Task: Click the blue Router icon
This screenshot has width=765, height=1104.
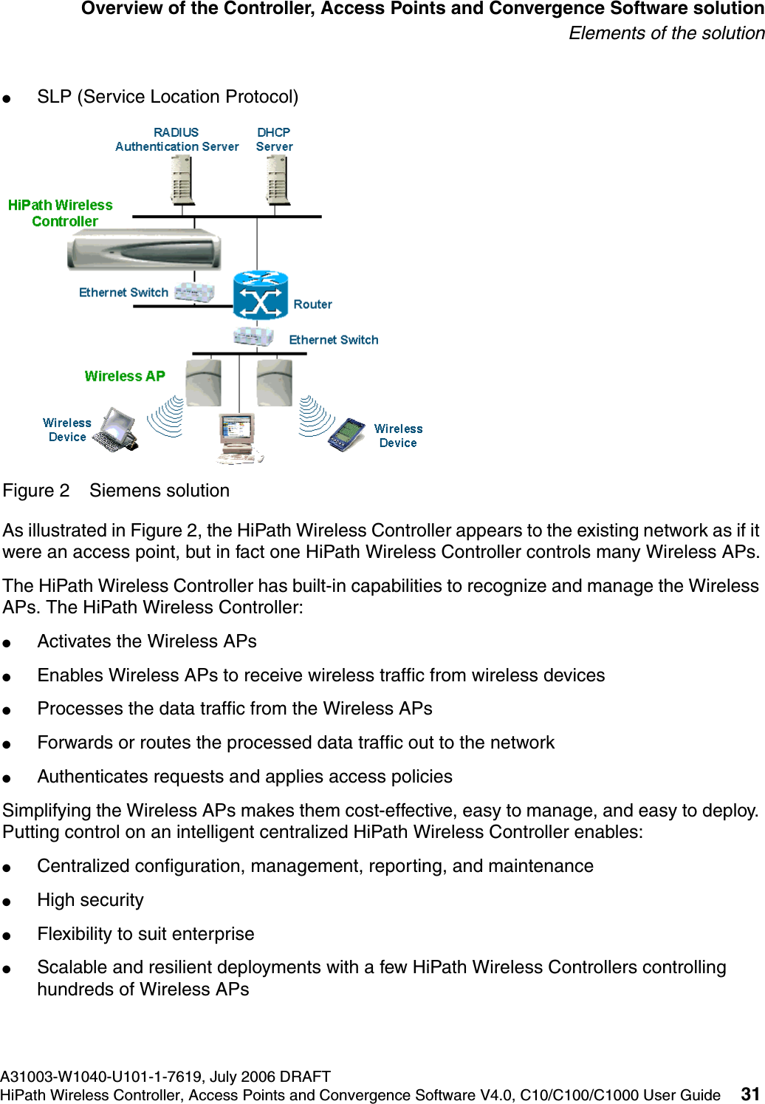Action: tap(260, 295)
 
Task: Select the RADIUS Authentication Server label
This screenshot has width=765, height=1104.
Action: tap(176, 140)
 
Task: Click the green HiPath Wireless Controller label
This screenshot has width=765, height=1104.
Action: tap(61, 213)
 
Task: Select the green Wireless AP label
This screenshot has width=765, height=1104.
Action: tap(124, 376)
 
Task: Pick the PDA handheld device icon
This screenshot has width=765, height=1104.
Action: tap(347, 434)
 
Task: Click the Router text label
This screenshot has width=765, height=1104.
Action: tap(312, 304)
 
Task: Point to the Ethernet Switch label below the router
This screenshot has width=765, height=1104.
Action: tap(333, 340)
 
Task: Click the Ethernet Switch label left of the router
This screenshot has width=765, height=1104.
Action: tap(123, 293)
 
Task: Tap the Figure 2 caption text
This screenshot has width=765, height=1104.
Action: tap(116, 491)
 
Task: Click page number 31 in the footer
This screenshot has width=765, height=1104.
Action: tap(750, 1094)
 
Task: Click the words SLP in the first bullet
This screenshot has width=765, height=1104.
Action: tap(54, 97)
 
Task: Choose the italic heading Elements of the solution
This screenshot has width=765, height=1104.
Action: tap(666, 33)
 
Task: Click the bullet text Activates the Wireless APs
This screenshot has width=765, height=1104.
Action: tap(147, 641)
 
